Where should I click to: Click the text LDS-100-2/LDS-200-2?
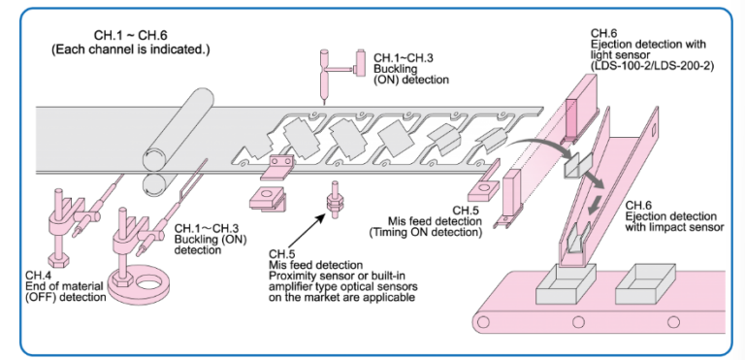[653, 66]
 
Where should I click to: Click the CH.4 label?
[35, 276]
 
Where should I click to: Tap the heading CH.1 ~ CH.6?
[131, 35]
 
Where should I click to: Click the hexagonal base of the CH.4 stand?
[59, 260]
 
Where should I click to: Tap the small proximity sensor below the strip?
[333, 200]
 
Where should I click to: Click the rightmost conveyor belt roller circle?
[673, 322]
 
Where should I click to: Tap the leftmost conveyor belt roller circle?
[483, 322]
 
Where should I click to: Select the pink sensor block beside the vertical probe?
[360, 62]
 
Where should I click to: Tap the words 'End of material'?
[64, 286]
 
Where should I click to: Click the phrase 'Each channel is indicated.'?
[131, 49]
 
